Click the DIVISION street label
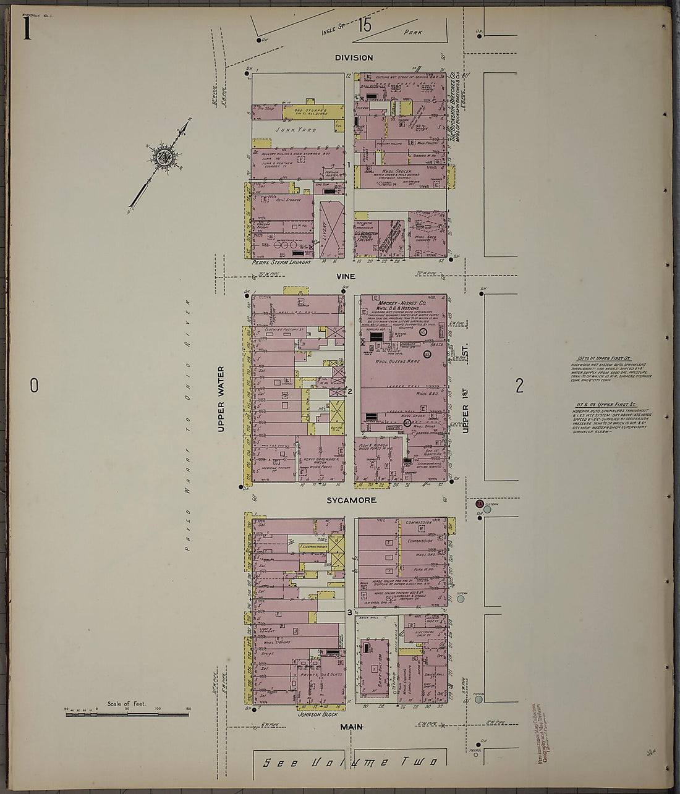point(354,57)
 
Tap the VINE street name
point(345,277)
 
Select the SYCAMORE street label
point(351,500)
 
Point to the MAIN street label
point(351,727)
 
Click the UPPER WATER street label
point(221,399)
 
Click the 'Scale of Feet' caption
point(126,704)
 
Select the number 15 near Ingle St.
point(363,25)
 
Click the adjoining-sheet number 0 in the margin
point(34,386)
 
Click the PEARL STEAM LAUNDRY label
point(282,262)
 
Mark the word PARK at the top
point(413,32)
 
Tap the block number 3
point(349,612)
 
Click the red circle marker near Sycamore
point(479,504)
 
